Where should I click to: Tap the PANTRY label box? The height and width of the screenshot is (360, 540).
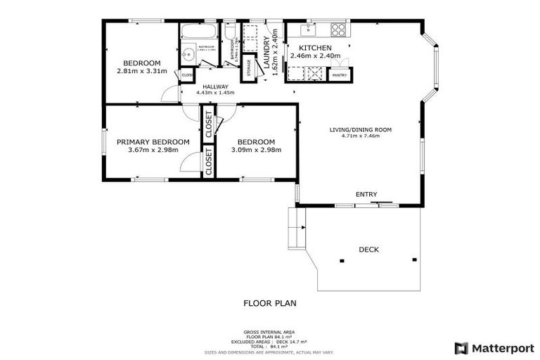point(340,75)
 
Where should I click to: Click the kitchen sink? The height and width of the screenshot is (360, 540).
point(307,30)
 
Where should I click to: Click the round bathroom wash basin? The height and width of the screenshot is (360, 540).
point(188,54)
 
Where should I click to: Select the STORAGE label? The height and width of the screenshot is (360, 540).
point(249,56)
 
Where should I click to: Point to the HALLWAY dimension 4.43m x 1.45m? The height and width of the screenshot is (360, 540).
point(216,92)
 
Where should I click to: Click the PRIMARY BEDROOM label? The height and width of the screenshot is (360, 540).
point(153,142)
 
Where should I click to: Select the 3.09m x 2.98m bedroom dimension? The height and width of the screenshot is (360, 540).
point(256,150)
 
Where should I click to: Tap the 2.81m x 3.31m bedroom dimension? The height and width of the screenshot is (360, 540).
point(142,71)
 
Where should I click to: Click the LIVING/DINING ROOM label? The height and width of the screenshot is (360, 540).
point(360,129)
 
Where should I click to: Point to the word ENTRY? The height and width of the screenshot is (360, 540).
point(366,195)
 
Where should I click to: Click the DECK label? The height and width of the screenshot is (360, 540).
point(369,249)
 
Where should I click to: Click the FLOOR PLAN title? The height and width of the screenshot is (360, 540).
point(270,304)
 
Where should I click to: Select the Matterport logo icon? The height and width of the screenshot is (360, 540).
point(461,347)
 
